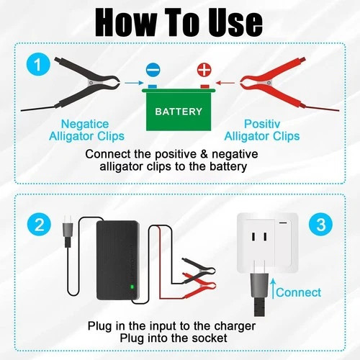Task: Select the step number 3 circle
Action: [320, 223]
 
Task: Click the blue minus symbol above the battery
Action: [153, 71]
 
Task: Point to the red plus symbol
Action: [204, 71]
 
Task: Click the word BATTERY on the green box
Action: [179, 112]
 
